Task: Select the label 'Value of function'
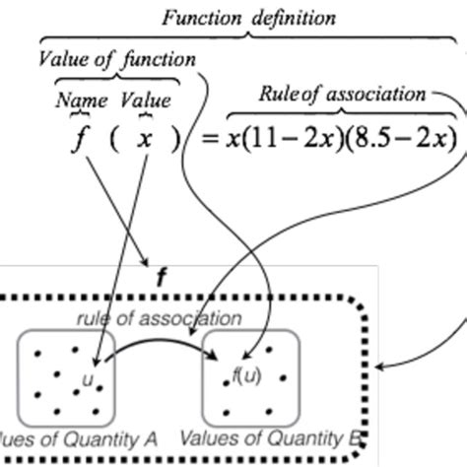click(117, 60)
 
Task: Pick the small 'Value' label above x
click(145, 100)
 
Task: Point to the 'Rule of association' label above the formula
click(343, 95)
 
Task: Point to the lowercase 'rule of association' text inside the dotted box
click(159, 318)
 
